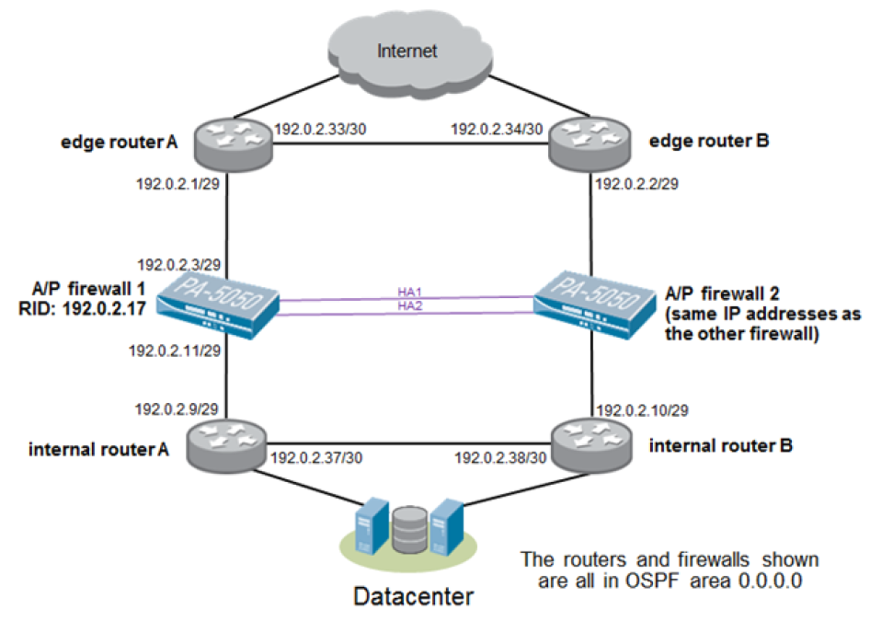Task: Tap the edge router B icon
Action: [589, 141]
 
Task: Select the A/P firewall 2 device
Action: [594, 302]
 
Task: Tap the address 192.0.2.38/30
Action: [501, 457]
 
